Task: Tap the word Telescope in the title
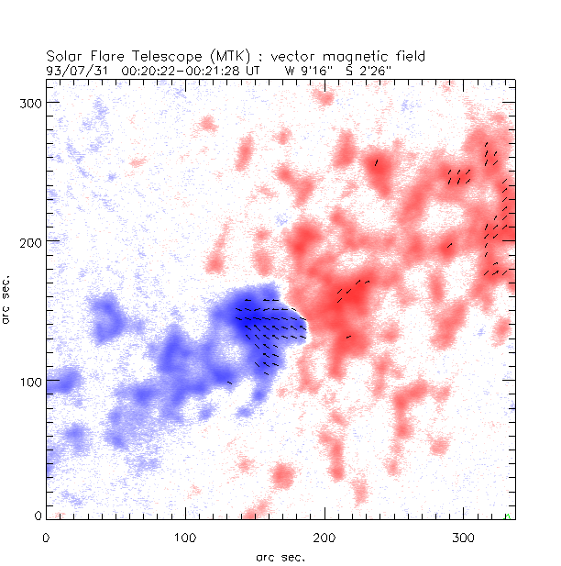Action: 152,57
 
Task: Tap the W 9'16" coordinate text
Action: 305,69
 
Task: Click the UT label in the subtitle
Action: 252,69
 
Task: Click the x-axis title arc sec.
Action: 280,557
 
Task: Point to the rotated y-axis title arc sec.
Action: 7,297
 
